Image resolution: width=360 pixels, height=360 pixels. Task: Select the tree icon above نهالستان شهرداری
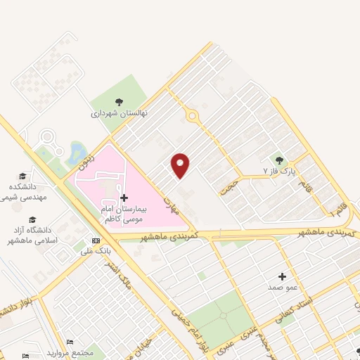(x=118, y=102)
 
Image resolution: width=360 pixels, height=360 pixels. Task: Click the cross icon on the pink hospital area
(x=124, y=198)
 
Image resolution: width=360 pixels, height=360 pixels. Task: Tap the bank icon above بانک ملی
(x=86, y=240)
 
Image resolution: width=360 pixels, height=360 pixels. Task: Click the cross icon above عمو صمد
(x=282, y=276)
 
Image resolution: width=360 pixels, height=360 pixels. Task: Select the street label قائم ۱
(x=337, y=209)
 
